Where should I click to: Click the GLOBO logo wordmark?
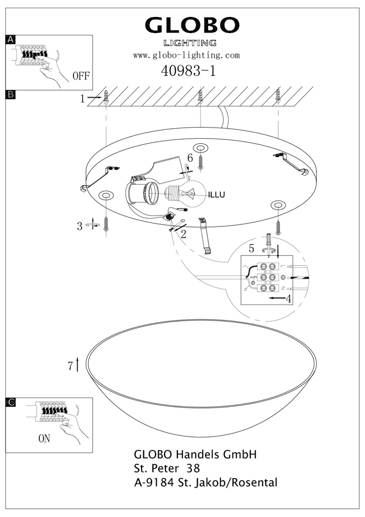click(192, 26)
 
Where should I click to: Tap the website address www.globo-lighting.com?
click(187, 55)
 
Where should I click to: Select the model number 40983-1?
click(189, 71)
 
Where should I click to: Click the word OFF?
click(82, 77)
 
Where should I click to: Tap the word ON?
click(44, 439)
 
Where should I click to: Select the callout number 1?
click(82, 98)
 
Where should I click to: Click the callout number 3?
click(80, 226)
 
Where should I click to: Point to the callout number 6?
click(190, 157)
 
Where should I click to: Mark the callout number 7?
click(70, 366)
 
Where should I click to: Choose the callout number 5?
click(252, 248)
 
